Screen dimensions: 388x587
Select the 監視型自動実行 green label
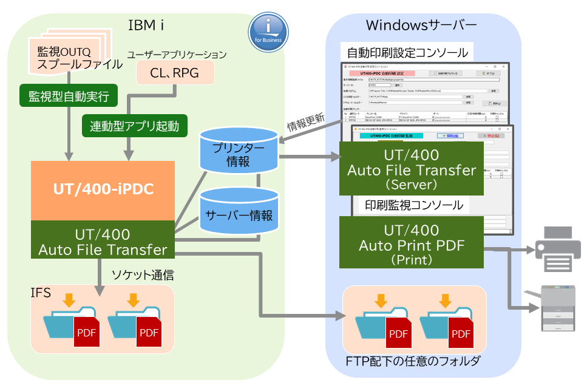tap(68, 95)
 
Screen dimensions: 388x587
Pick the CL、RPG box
tap(174, 73)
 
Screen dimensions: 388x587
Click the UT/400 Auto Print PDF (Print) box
tap(412, 243)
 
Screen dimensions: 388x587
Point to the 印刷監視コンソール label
tap(413, 205)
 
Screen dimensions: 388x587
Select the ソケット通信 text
tap(143, 275)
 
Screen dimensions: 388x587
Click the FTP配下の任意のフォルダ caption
tap(413, 361)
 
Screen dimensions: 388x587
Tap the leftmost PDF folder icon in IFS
tap(71, 322)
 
